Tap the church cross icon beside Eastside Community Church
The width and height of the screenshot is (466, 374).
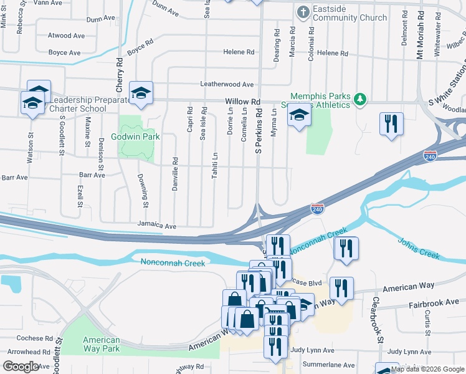[x=303, y=12]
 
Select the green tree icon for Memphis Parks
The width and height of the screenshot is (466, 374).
[x=359, y=100]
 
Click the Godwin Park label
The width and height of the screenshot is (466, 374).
[x=135, y=137]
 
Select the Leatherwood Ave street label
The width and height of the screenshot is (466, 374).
[x=227, y=84]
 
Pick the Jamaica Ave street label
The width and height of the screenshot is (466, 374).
[x=158, y=226]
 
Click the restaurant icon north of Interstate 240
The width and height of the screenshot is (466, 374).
[x=391, y=123]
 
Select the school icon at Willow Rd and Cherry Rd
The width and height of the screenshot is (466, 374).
[x=140, y=93]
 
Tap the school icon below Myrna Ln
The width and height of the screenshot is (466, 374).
[x=299, y=116]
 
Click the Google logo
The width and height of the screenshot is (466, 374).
[x=21, y=367]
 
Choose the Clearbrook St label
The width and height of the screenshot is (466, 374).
[x=375, y=319]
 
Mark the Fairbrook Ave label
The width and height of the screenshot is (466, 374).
[x=433, y=305]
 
